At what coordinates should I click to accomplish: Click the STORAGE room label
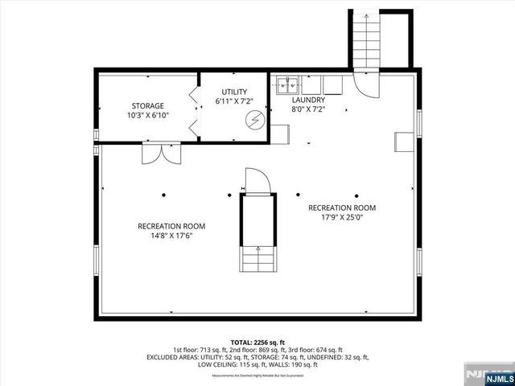point(148,105)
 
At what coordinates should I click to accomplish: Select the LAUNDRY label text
point(307,100)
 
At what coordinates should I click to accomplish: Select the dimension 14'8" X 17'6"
point(165,236)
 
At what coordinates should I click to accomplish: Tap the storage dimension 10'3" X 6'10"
point(148,116)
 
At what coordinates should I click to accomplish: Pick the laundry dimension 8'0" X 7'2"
point(307,109)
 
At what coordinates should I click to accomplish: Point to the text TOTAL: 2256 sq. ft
point(257,342)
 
